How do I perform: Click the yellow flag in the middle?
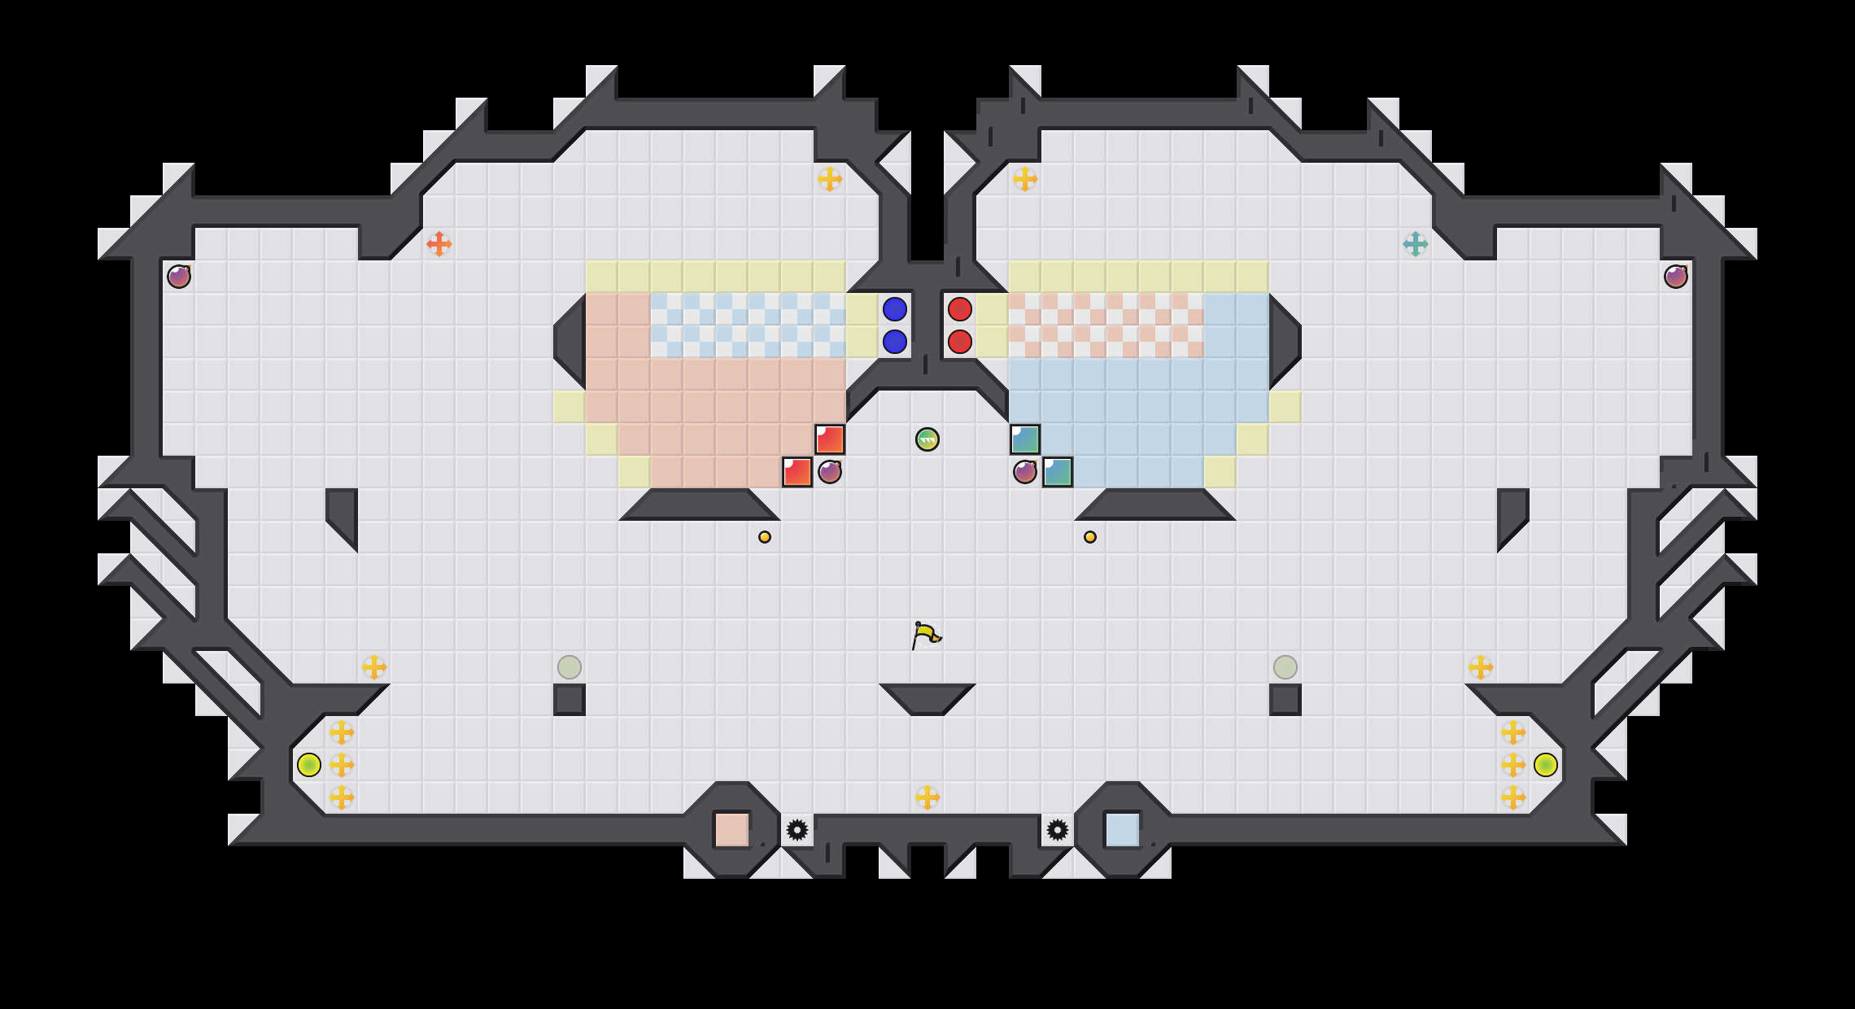point(925,635)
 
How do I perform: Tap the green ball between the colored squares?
point(927,439)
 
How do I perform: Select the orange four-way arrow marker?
point(439,243)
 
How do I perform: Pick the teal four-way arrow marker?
point(1416,243)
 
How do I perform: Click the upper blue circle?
point(895,309)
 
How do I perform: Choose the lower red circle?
point(960,342)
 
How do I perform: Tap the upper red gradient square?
point(830,439)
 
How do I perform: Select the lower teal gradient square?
point(1058,472)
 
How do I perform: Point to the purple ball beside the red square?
point(830,472)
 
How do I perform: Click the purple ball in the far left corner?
point(179,277)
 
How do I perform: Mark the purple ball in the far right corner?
point(1676,277)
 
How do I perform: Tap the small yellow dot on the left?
point(765,537)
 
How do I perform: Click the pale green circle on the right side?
point(1285,667)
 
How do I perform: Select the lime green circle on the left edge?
point(309,765)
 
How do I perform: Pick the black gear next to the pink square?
point(797,830)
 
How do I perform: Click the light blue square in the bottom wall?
point(1123,830)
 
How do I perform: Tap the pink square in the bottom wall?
point(732,830)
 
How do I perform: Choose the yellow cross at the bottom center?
point(927,797)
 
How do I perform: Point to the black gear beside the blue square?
point(1058,830)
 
